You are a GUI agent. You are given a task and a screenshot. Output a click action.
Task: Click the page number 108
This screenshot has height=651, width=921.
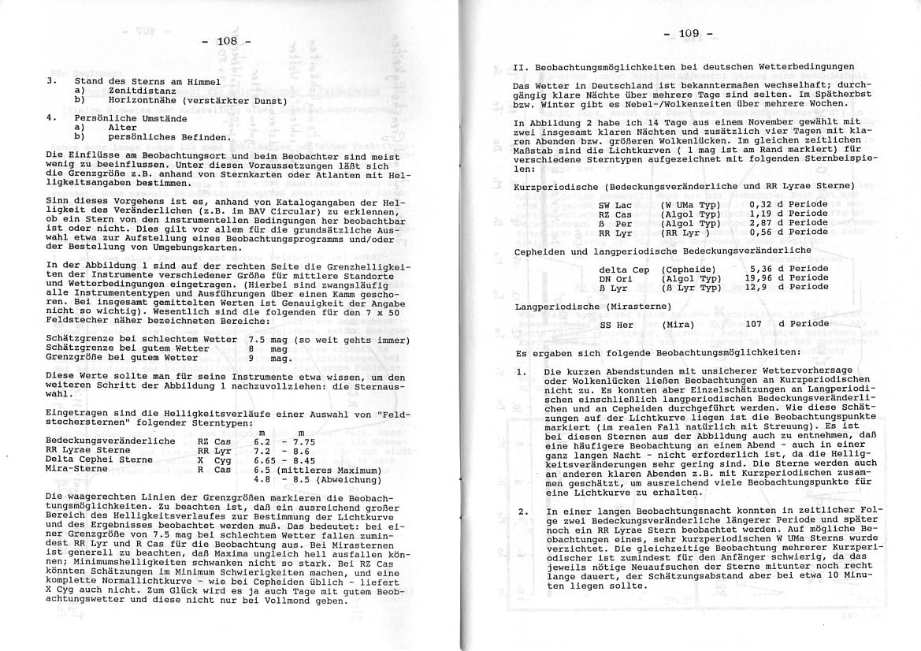[227, 41]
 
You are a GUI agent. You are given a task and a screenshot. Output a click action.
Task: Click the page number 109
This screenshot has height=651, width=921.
[687, 34]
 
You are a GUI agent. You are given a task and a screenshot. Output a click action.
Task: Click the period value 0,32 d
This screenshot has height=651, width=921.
[749, 205]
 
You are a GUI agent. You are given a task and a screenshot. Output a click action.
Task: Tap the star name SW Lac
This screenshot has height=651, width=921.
[615, 205]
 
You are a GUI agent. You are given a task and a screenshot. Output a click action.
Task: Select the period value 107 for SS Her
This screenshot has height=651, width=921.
[755, 324]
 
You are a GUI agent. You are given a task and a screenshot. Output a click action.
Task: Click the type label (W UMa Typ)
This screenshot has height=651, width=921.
[691, 205]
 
